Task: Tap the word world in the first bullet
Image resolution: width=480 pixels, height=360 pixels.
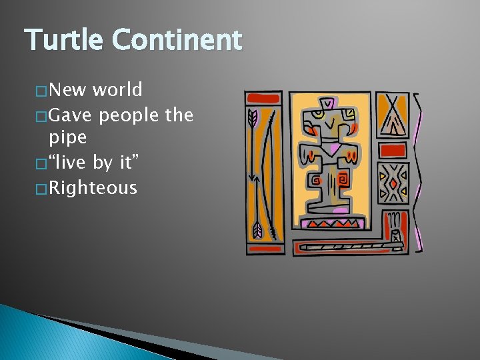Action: pos(117,89)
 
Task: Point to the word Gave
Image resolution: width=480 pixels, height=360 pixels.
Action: pos(71,115)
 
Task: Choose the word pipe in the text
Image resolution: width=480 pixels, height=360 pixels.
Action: pos(67,138)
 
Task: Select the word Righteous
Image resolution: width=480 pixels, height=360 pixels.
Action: pos(93,188)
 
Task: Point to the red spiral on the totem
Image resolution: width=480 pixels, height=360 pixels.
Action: pos(343,179)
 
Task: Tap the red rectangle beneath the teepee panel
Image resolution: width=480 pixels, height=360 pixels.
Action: pos(393,149)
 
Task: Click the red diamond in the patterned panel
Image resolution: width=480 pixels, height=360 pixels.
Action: pos(394,183)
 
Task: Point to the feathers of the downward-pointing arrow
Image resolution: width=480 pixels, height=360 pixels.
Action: pos(257,230)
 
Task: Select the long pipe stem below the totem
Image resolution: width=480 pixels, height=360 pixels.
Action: pos(347,246)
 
